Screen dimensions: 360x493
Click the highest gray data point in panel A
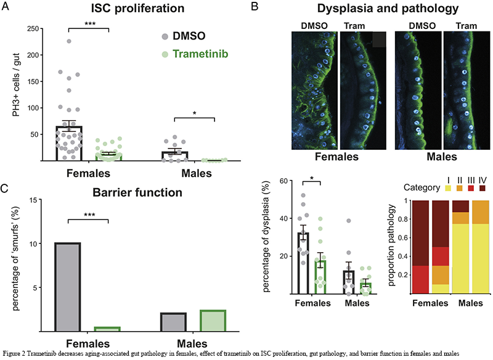70,41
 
